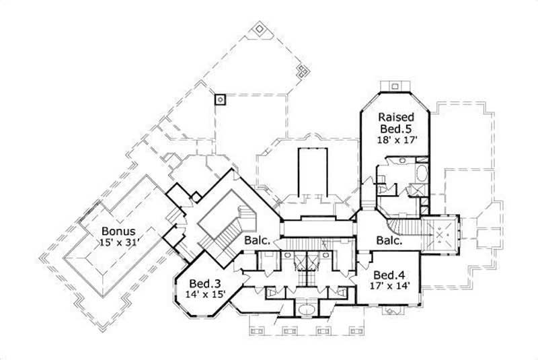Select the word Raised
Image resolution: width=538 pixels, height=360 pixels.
[x=395, y=116]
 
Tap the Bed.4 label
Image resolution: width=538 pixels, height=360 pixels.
[x=388, y=275]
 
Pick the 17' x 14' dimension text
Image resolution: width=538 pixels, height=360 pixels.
[x=388, y=287]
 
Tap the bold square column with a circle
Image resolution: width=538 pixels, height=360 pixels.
[x=219, y=100]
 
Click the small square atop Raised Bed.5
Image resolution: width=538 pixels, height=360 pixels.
[x=393, y=85]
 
